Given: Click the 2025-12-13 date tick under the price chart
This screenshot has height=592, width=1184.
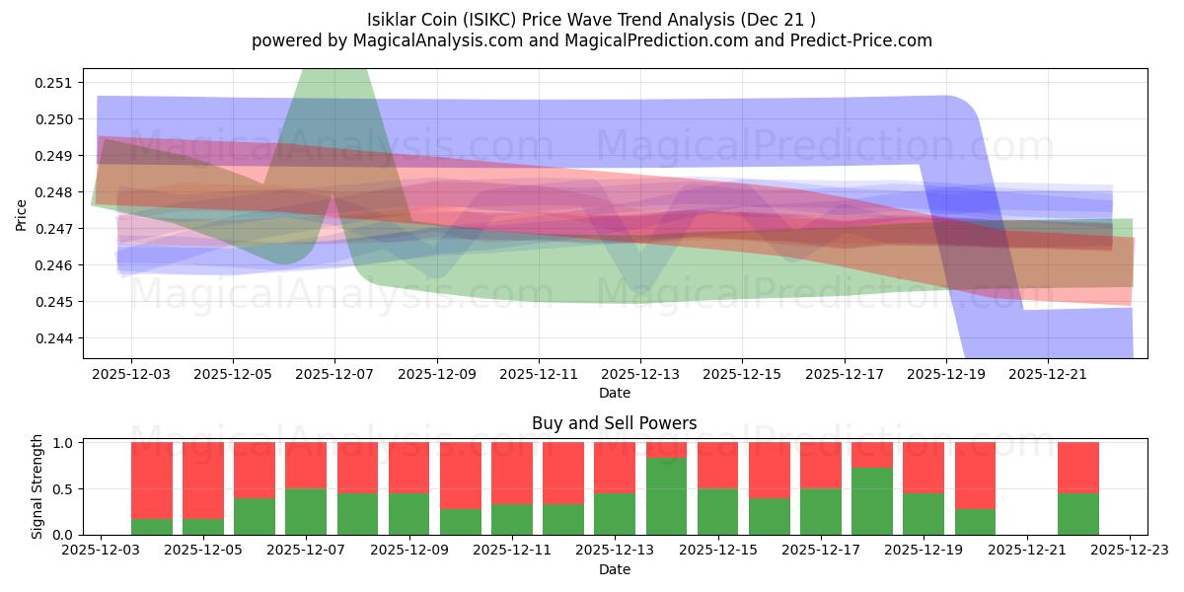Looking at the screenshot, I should point(640,375).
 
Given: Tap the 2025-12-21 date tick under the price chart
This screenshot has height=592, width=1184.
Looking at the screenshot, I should point(1048,375).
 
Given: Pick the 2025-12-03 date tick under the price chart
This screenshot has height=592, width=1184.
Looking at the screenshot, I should point(131,375).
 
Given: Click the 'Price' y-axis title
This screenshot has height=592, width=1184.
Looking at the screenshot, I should point(21,213).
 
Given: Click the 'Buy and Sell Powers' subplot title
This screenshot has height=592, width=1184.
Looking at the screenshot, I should point(614,423).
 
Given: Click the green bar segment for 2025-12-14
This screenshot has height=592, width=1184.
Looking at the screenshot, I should point(667,496).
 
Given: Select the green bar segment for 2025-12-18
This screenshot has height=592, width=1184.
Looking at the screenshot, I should point(872,501).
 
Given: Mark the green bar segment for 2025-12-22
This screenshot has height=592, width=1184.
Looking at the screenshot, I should point(1078,513).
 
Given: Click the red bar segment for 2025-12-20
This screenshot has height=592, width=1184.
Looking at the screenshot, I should point(975,476).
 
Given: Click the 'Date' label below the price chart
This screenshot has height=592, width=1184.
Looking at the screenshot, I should point(614,393).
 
